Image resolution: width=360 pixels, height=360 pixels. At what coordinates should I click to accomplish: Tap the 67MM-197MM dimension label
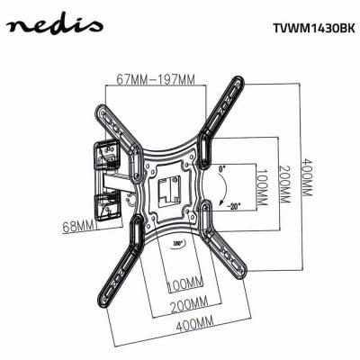pos(157,78)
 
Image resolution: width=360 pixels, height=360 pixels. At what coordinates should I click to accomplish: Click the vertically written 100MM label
pos(260,186)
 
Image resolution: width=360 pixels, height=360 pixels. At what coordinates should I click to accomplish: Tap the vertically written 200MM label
pos(283,186)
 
